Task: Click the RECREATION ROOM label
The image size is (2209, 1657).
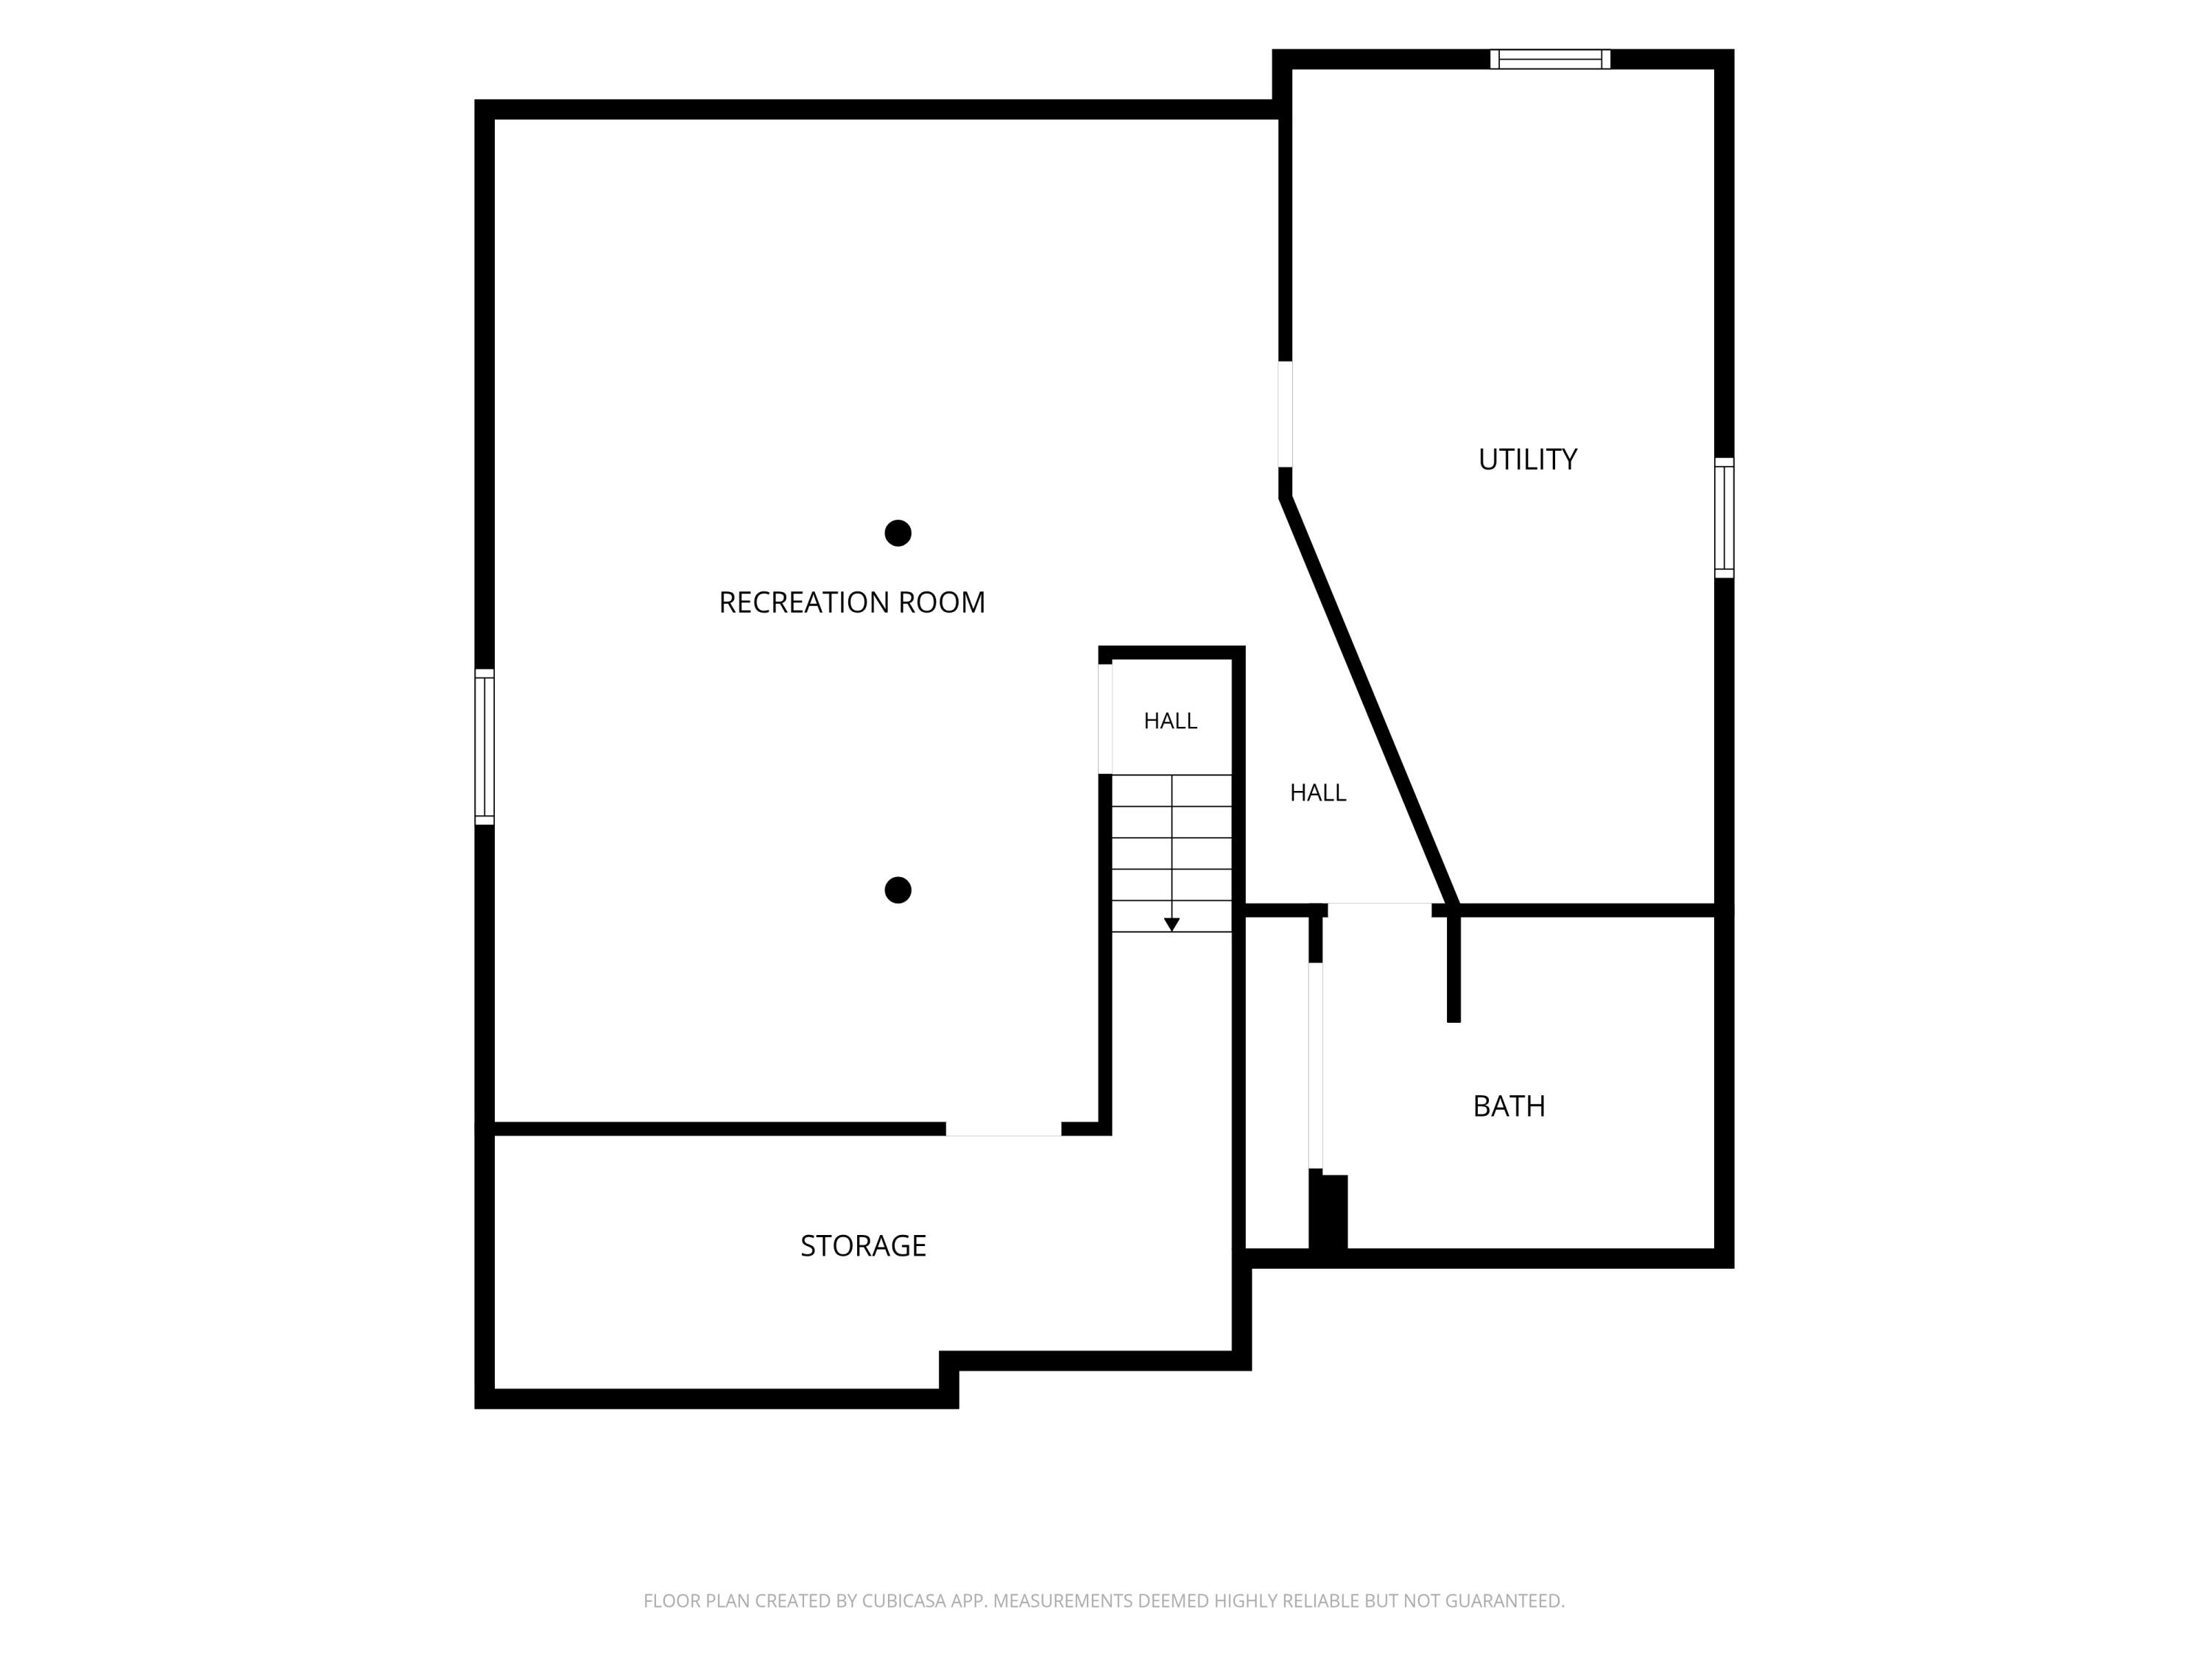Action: tap(852, 602)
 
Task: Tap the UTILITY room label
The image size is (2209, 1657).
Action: tap(1527, 460)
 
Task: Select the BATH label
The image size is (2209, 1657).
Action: tap(1509, 1105)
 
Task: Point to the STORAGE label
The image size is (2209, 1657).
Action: tap(863, 1245)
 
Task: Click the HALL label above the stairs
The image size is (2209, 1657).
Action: tap(1171, 721)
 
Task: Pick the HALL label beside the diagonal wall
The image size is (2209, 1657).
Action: tap(1317, 793)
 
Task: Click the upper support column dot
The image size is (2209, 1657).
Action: tap(898, 533)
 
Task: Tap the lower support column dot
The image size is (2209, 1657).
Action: tap(898, 890)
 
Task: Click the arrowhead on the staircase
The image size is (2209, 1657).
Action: tap(1172, 925)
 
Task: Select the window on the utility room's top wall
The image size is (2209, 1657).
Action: tap(1550, 59)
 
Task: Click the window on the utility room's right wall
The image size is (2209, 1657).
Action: tap(1724, 518)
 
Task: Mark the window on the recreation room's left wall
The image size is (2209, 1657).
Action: tap(485, 747)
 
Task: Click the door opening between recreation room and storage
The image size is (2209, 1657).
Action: tap(1004, 1129)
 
